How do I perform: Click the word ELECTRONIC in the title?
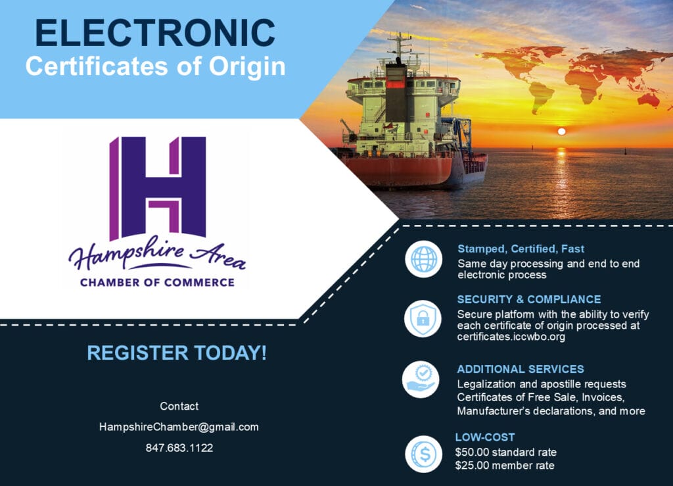coord(155,33)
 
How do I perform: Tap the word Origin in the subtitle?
coord(247,67)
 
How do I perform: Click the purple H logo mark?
coord(158,188)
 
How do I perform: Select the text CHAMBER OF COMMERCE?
coord(157,283)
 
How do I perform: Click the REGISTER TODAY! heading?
coord(177,353)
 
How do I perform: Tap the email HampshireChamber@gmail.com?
coord(179,427)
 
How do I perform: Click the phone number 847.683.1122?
coord(179,448)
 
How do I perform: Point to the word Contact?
coord(179,406)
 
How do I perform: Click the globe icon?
coord(423,259)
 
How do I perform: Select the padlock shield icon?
coord(423,318)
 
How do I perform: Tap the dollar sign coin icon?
coord(424,454)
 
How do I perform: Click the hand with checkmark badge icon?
coord(421,379)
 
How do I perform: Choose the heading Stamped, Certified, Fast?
coord(521,249)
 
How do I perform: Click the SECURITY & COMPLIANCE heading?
coord(529,299)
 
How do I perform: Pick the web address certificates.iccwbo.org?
coord(511,337)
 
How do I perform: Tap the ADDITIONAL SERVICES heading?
coord(521,369)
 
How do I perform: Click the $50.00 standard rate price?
coord(505,452)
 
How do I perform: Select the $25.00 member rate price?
coord(505,466)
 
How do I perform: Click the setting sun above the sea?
coord(561,132)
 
